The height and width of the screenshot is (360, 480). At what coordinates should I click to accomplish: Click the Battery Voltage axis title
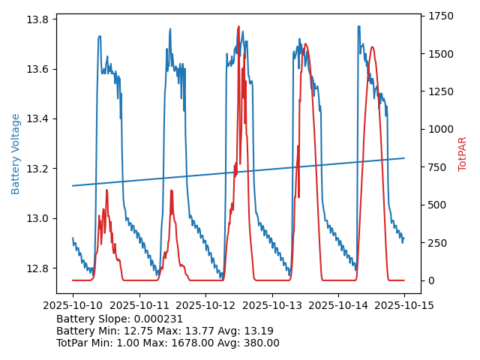click(16, 154)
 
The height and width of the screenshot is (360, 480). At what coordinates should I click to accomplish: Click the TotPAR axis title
click(463, 154)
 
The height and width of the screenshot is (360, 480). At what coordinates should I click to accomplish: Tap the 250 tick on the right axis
click(439, 243)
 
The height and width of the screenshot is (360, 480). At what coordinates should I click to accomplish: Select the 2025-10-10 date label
click(73, 306)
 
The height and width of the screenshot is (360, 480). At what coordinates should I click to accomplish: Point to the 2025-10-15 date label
click(404, 306)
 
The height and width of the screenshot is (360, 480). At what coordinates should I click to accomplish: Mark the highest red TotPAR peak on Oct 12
click(238, 27)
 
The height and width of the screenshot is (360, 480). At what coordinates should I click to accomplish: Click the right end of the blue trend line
click(404, 158)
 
